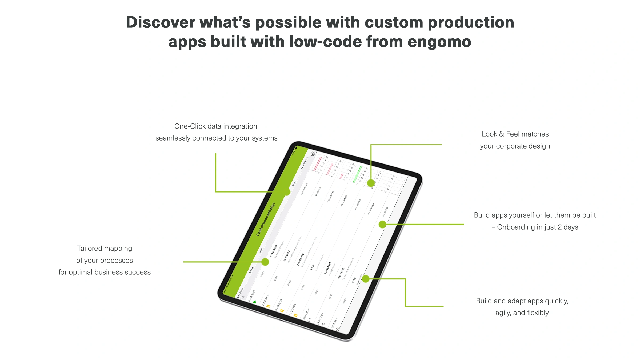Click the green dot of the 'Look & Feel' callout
tap(371, 183)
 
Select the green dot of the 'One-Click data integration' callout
tap(287, 192)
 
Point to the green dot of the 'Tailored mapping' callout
tap(265, 262)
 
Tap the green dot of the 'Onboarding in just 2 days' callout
tap(382, 224)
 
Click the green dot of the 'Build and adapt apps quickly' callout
tap(366, 279)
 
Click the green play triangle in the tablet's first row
tap(254, 302)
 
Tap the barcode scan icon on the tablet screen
tap(314, 154)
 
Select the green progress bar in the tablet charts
tap(357, 174)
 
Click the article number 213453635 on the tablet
tap(274, 251)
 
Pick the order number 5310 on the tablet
tap(262, 274)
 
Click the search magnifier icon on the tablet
tap(243, 297)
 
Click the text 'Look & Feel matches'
tap(515, 134)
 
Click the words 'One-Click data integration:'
tap(216, 126)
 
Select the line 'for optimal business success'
tap(105, 272)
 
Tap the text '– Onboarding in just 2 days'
tap(535, 227)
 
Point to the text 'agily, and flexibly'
tap(522, 313)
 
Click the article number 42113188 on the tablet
tap(341, 273)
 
